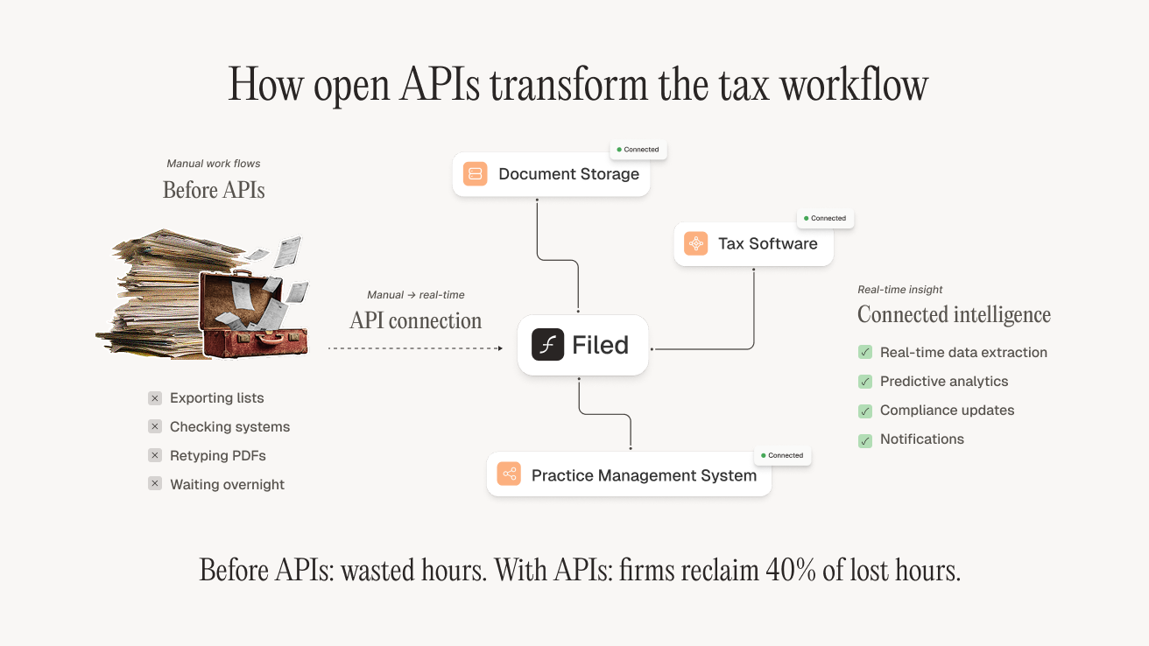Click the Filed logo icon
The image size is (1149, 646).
pos(547,345)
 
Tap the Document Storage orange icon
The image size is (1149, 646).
pos(476,174)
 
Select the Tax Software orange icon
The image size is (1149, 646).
pos(696,243)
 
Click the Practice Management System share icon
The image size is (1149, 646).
pos(509,474)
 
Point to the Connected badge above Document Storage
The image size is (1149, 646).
pos(638,150)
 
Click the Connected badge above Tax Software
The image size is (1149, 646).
pos(825,218)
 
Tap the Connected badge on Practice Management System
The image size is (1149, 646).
pos(782,455)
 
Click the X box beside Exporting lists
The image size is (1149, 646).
pos(155,398)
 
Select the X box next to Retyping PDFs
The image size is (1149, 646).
pos(155,455)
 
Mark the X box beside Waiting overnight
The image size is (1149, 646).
pos(155,484)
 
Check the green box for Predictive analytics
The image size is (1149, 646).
pos(865,382)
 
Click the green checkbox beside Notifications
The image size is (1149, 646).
pos(865,440)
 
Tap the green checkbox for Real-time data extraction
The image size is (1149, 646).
pos(865,353)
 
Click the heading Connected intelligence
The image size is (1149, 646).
pos(954,314)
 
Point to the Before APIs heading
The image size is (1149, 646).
pos(214,190)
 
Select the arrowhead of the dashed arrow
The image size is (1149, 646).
pos(499,348)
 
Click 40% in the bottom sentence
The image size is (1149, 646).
pos(792,570)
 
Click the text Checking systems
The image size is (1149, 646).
pos(229,427)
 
